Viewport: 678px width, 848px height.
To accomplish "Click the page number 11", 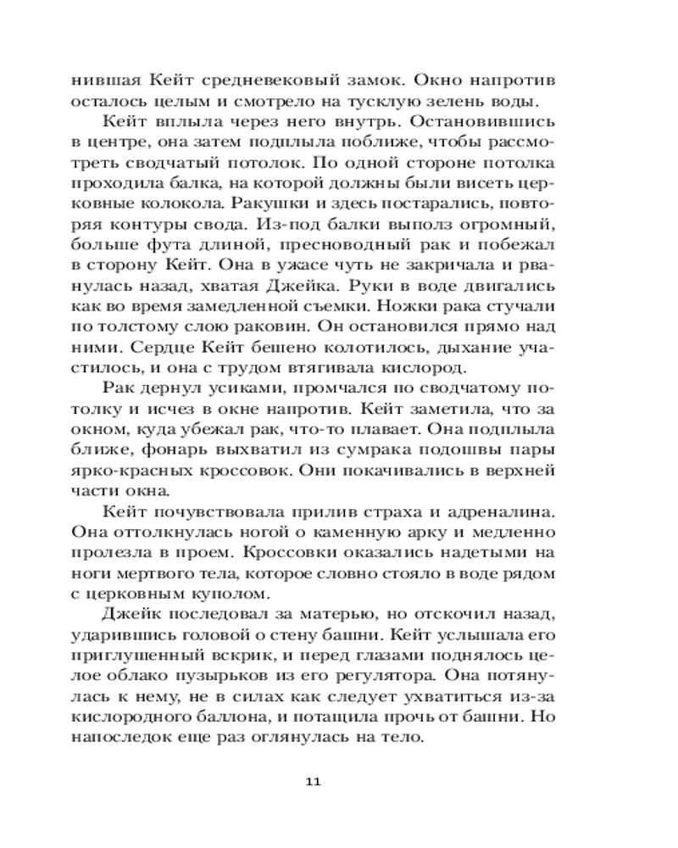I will pyautogui.click(x=311, y=781).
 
